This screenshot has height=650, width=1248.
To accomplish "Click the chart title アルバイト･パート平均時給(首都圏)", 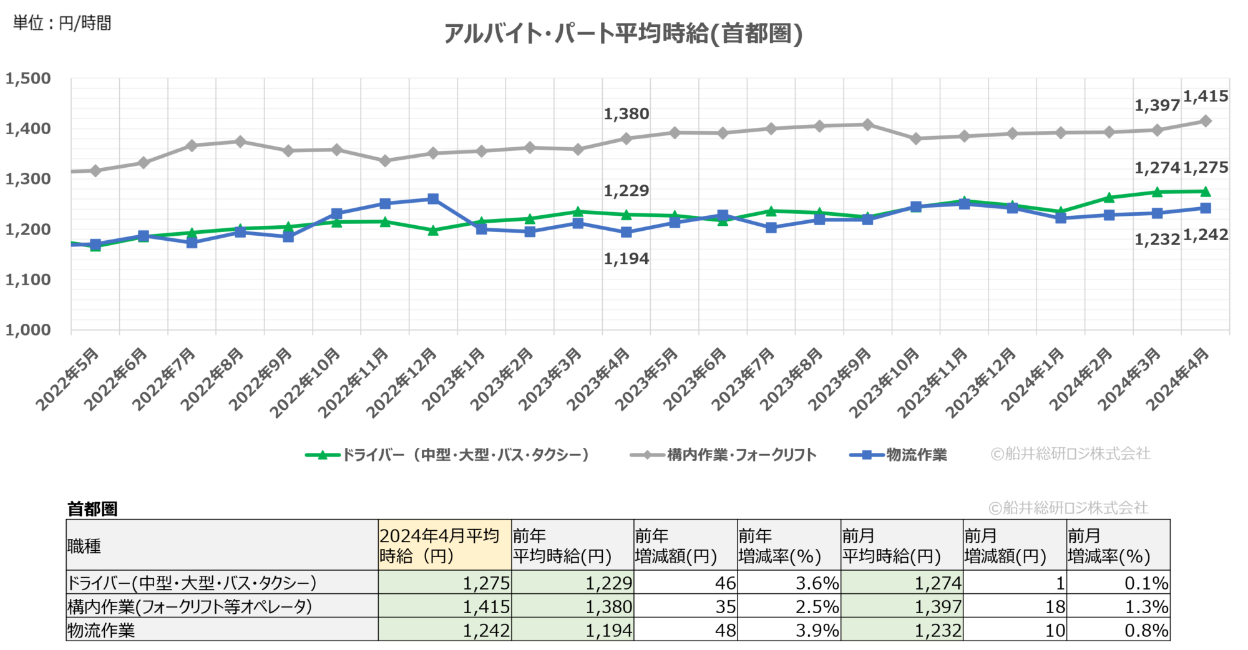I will click(x=623, y=34).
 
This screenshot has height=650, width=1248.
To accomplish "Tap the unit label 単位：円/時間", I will click(x=62, y=23).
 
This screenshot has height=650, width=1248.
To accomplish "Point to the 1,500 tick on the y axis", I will click(x=28, y=79).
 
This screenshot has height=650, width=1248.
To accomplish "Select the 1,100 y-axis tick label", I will click(x=28, y=279).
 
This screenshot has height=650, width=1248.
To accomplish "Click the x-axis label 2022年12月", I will click(x=402, y=382).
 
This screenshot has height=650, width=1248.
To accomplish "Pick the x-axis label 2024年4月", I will click(x=1178, y=379).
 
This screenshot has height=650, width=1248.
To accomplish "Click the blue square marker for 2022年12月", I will click(x=433, y=199).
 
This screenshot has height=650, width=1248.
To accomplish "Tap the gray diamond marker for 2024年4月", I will click(x=1206, y=121).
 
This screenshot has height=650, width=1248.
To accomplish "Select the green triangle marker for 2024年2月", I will click(x=1109, y=198).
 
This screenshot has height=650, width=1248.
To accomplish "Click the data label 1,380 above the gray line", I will click(x=626, y=114).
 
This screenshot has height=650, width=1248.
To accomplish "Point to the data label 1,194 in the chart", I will click(x=626, y=258).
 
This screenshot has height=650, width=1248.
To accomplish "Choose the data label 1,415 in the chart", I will click(x=1206, y=97).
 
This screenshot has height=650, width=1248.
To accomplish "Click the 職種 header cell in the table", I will click(x=84, y=546).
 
